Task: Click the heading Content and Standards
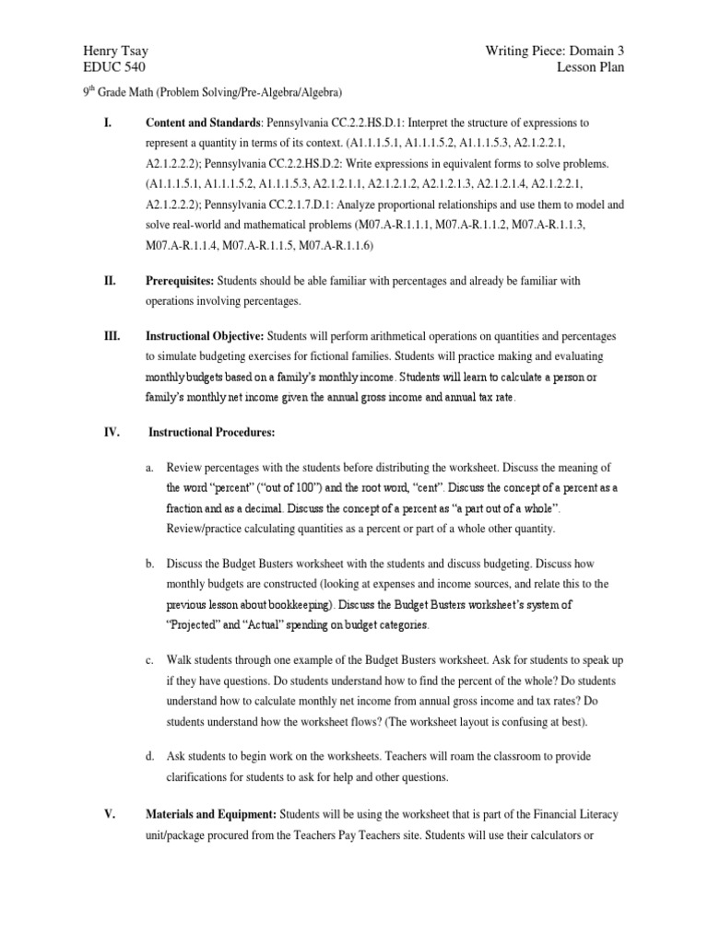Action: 203,122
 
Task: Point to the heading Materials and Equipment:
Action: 211,814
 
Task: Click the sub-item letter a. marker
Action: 149,468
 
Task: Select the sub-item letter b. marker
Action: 149,564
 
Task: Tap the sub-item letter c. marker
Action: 149,660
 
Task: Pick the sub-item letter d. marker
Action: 149,756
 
